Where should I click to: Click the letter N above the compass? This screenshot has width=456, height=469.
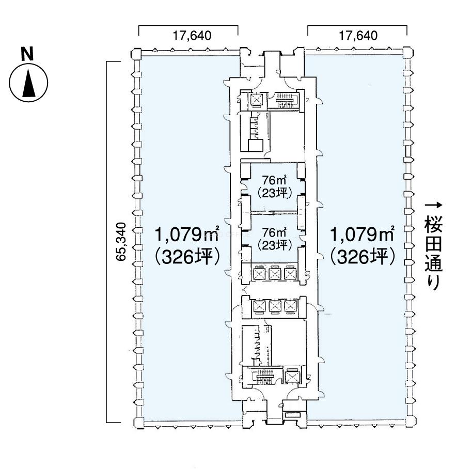click(x=27, y=54)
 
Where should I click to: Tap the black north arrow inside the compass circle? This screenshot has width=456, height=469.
click(x=29, y=84)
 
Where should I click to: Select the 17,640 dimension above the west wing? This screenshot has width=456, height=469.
click(x=192, y=36)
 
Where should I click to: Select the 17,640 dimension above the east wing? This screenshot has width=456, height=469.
click(x=358, y=36)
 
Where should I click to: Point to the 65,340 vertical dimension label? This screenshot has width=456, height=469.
click(x=121, y=242)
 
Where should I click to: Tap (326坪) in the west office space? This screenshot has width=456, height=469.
click(x=187, y=257)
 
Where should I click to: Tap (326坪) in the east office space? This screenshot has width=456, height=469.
click(x=362, y=257)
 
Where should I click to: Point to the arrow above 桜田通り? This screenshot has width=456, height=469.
click(x=433, y=205)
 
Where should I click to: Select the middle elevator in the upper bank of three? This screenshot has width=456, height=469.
click(x=274, y=273)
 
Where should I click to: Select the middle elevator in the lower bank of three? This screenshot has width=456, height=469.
click(x=274, y=307)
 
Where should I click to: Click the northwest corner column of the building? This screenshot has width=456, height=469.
click(x=136, y=54)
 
